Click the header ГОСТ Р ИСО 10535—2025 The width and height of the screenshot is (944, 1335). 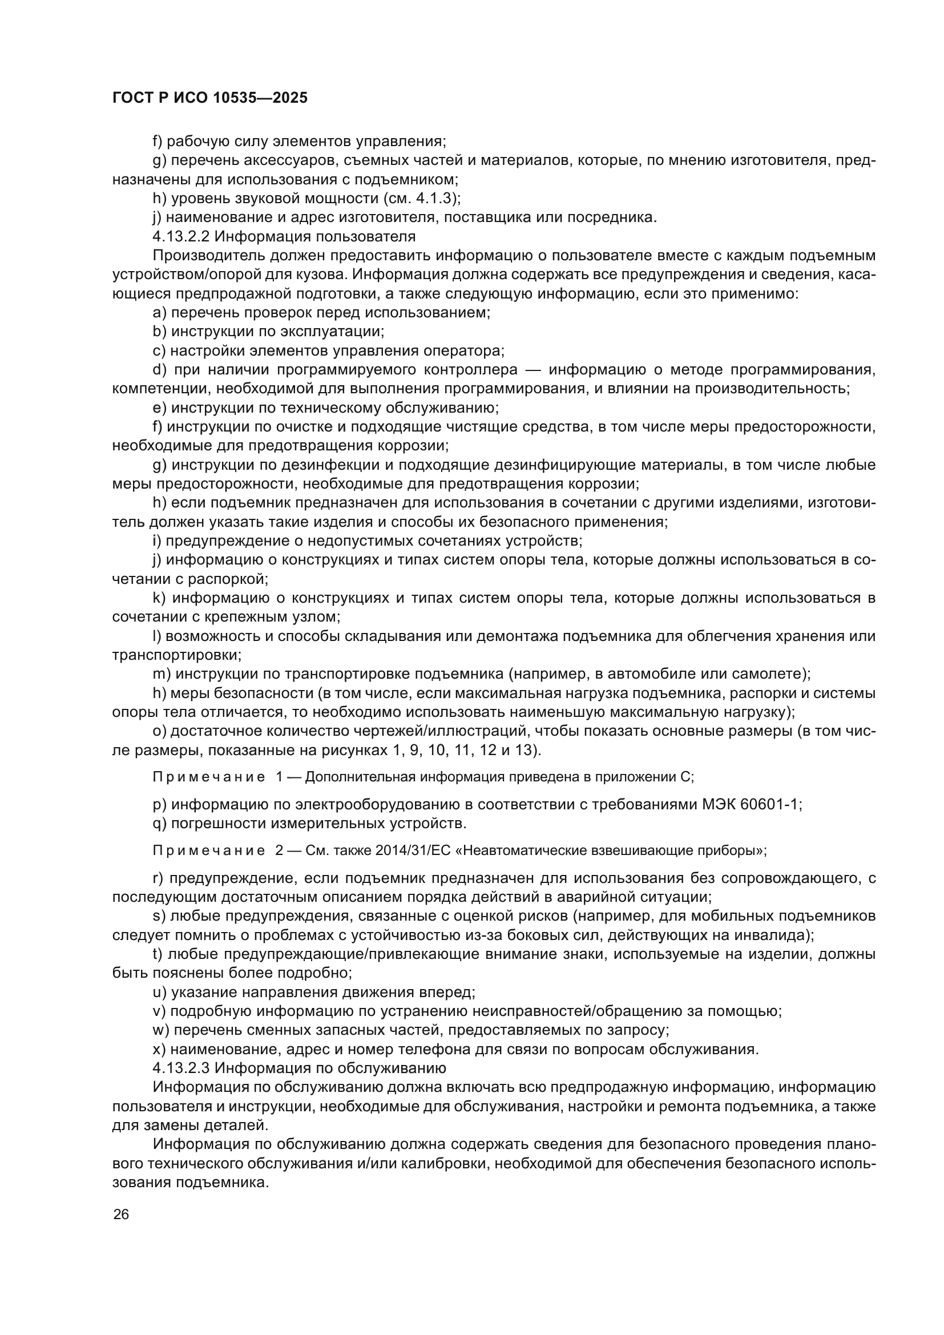click(x=210, y=98)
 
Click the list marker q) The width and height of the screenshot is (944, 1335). click(x=160, y=824)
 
